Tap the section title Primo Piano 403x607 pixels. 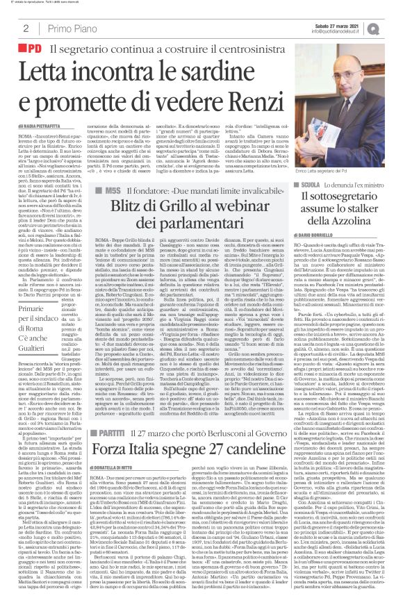pyautogui.click(x=72, y=28)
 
